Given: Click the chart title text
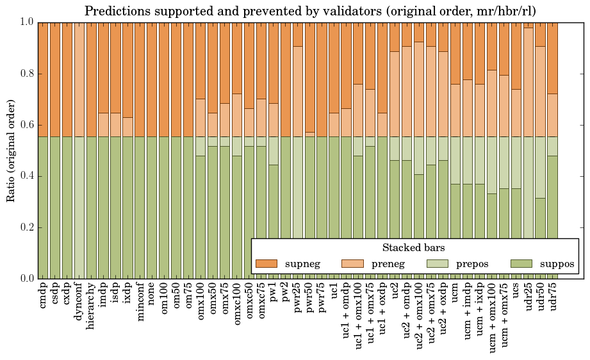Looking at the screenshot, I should pos(311,11).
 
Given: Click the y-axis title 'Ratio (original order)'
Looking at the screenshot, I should pos(11,150).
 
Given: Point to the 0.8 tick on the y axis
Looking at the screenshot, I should pos(25,74).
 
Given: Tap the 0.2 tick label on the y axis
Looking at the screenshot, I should pos(25,227).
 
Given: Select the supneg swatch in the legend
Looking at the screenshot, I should pos(266,264).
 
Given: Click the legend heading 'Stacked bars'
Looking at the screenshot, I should pos(413,248).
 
